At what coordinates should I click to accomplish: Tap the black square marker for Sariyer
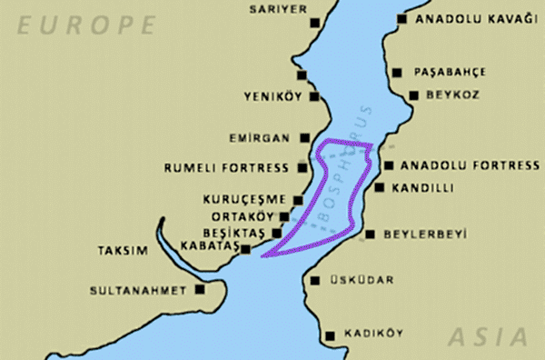point(314,23)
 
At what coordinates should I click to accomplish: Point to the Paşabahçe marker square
point(397,72)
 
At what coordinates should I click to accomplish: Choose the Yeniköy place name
point(273,96)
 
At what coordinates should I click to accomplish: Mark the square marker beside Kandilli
point(380,187)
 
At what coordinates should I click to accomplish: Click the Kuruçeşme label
point(244,199)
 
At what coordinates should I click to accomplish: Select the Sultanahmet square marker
point(200,290)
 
